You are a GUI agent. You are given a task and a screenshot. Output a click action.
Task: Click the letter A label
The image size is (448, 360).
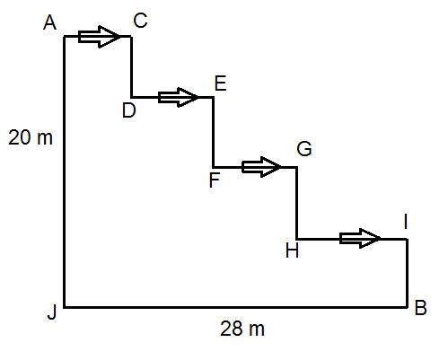(49, 22)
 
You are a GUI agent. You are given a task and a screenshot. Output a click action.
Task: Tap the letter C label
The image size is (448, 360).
(140, 21)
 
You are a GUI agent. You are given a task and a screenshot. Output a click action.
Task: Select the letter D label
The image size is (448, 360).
(129, 110)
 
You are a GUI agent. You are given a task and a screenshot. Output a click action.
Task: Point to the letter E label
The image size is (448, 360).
(221, 83)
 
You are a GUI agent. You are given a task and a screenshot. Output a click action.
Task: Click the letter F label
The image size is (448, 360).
(215, 180)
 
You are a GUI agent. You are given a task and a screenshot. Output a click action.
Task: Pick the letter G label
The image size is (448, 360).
(304, 149)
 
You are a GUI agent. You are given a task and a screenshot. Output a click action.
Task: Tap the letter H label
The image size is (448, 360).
(292, 250)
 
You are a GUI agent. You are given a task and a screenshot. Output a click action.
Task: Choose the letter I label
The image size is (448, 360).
(406, 223)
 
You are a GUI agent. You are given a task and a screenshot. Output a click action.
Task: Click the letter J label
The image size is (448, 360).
(52, 313)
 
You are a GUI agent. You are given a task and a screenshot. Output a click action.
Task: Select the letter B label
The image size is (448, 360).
(420, 308)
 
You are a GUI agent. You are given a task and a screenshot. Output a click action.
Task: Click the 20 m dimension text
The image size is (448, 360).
(31, 138)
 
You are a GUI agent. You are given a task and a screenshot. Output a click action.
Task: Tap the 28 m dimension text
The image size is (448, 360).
(242, 329)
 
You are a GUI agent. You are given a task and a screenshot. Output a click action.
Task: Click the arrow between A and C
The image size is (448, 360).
(99, 37)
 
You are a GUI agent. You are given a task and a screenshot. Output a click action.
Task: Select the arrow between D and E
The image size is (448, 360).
(178, 97)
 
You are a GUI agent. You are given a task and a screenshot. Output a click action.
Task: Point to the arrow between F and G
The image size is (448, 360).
(261, 167)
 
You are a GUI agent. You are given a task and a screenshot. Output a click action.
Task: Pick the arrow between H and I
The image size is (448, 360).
(360, 239)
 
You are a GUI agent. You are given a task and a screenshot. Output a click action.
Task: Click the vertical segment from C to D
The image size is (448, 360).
(131, 66)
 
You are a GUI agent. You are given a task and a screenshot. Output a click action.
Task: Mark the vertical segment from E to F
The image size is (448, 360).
(214, 132)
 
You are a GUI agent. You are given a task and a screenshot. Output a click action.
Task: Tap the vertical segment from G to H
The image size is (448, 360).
(297, 203)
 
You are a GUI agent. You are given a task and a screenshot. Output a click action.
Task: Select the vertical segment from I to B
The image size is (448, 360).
(408, 273)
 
